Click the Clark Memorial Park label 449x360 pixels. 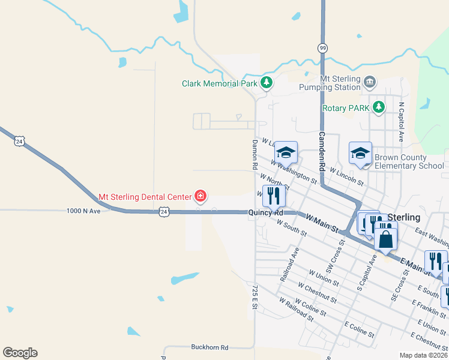coord(220,83)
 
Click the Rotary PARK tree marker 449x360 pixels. coord(378,107)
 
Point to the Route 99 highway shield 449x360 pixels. coord(323,47)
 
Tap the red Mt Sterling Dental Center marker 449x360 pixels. coord(200,196)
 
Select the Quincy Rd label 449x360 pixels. coord(266,212)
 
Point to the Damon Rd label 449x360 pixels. coord(255,154)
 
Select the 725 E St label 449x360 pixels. coord(255,297)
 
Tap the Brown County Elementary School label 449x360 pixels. coord(409,161)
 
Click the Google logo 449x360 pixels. coord(20,353)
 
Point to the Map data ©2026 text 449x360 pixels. coord(423,355)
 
